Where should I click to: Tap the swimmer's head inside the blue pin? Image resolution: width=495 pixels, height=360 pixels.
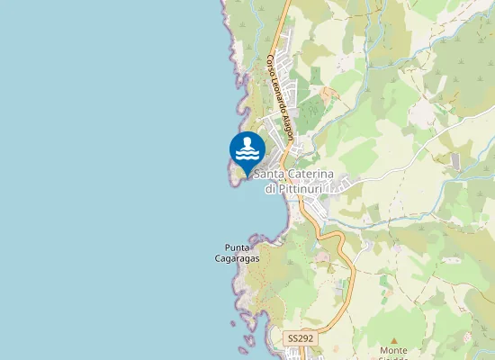tap(247, 141)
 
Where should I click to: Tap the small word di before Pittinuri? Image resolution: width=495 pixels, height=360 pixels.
tap(271, 189)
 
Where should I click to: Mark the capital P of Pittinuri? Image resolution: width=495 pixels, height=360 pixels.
tap(283, 189)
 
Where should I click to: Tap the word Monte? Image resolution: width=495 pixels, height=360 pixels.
tap(393, 349)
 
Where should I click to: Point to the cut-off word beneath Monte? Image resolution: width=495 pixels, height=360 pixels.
tap(393, 358)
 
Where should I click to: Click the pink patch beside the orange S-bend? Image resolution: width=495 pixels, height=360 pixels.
tap(321, 256)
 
